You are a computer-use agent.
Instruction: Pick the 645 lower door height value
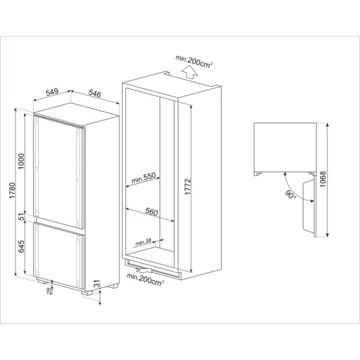coord(22,247)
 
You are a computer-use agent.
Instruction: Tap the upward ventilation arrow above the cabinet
coord(189,70)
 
